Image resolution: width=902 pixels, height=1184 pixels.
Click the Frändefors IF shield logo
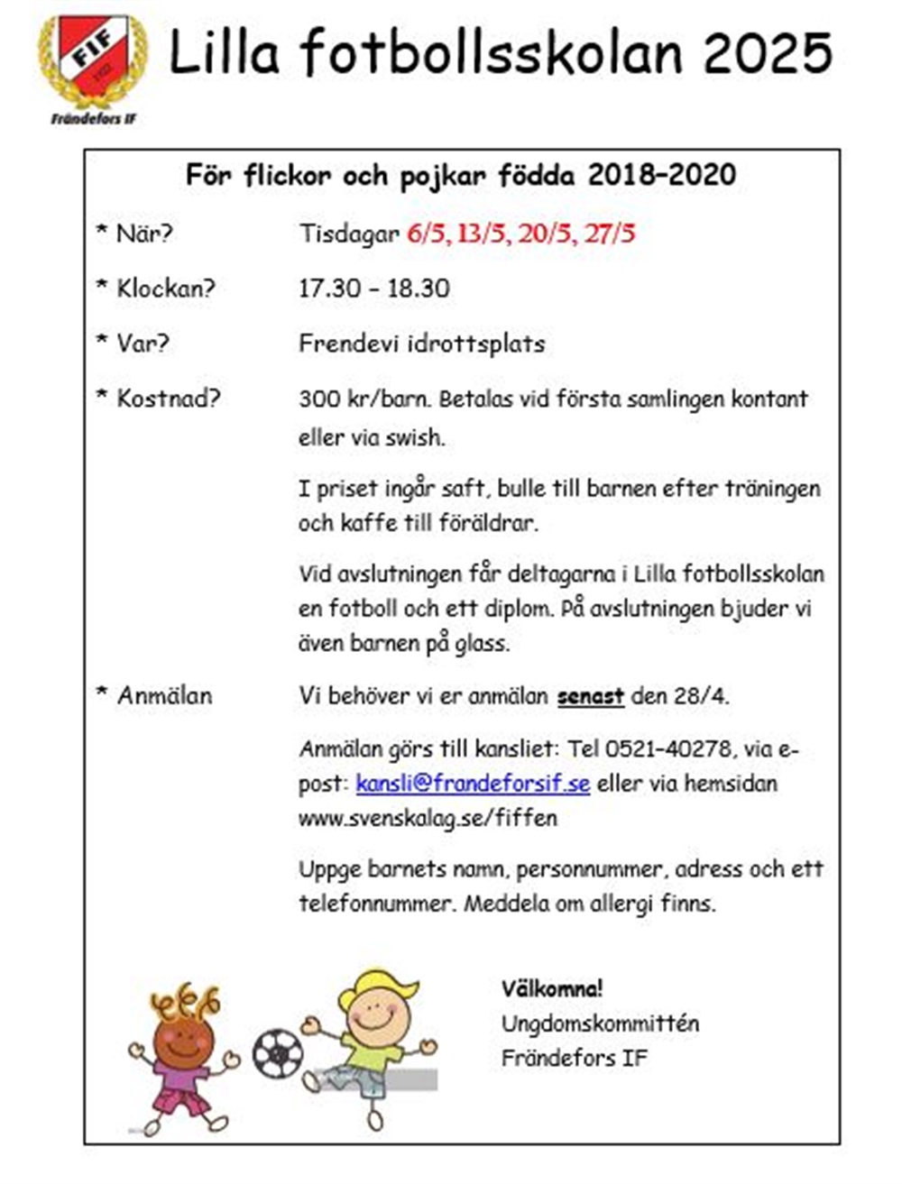(91, 59)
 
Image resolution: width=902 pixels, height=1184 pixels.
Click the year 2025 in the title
(768, 54)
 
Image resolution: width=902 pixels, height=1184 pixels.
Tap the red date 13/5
(482, 234)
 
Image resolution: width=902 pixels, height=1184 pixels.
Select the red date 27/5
(610, 234)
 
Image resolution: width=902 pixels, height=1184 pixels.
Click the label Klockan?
(166, 289)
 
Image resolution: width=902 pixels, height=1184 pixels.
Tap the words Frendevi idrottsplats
(421, 344)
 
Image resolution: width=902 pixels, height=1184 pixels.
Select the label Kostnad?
(168, 399)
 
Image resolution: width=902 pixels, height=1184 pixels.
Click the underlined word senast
(590, 697)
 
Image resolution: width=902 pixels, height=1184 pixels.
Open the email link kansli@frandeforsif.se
(473, 784)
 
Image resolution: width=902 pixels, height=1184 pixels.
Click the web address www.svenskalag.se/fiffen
(428, 819)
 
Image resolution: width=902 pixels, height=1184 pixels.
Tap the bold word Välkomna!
(552, 988)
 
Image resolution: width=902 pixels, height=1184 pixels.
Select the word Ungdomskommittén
(600, 1024)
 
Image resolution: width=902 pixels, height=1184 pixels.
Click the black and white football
(277, 1053)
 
